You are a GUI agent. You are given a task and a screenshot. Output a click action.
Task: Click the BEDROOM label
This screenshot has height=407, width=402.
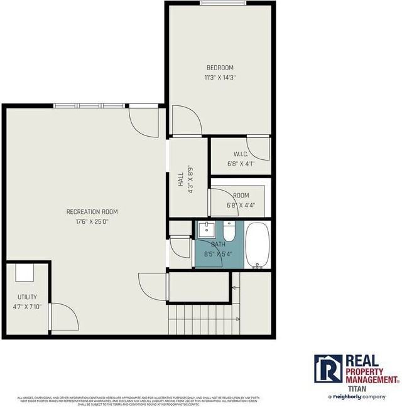(x=220, y=68)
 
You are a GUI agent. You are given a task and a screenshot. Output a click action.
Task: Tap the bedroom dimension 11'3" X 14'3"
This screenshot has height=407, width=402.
(x=220, y=78)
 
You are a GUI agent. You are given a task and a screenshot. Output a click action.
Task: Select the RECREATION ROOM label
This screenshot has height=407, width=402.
(x=93, y=212)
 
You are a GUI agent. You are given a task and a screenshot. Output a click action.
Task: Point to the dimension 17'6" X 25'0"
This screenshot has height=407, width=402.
(x=93, y=221)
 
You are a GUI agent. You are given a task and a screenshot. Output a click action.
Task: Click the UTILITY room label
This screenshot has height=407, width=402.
(x=27, y=297)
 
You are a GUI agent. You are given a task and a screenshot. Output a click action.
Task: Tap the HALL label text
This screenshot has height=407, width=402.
(x=181, y=180)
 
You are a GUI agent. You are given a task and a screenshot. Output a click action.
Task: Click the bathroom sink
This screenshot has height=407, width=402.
(x=206, y=230)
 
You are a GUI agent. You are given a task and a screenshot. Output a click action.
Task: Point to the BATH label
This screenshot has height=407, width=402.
(x=218, y=244)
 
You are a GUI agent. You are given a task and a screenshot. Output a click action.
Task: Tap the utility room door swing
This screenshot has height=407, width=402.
(x=62, y=319)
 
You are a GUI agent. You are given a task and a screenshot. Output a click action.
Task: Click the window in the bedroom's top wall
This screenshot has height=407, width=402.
(x=222, y=3)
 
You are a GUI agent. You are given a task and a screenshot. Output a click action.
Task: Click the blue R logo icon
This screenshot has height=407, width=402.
(x=328, y=369)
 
